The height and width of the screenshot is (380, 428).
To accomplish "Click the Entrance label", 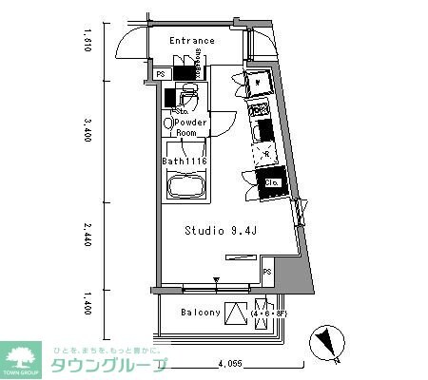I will (192, 41).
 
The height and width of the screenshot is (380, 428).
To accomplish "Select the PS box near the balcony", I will (267, 272).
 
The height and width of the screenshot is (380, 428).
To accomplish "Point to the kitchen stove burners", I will (264, 125).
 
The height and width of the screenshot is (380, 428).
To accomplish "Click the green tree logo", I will (25, 358).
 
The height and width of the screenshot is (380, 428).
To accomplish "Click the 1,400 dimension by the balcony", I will (87, 302).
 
